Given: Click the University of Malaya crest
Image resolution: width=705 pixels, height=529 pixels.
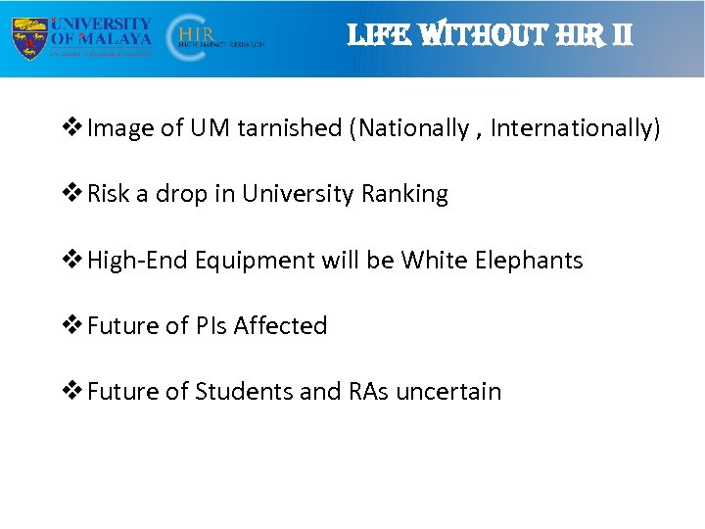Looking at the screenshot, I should coord(29,37).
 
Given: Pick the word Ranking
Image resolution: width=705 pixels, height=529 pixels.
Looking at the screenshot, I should coord(404,195).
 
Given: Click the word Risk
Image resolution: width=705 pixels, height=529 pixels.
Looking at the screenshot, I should coord(109,194).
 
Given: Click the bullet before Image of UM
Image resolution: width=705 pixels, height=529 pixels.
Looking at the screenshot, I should coord(71,128).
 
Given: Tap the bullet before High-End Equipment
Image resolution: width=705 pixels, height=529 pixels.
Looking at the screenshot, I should coord(71,261).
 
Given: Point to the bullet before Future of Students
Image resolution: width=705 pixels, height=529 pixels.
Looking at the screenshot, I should coord(71,392).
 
